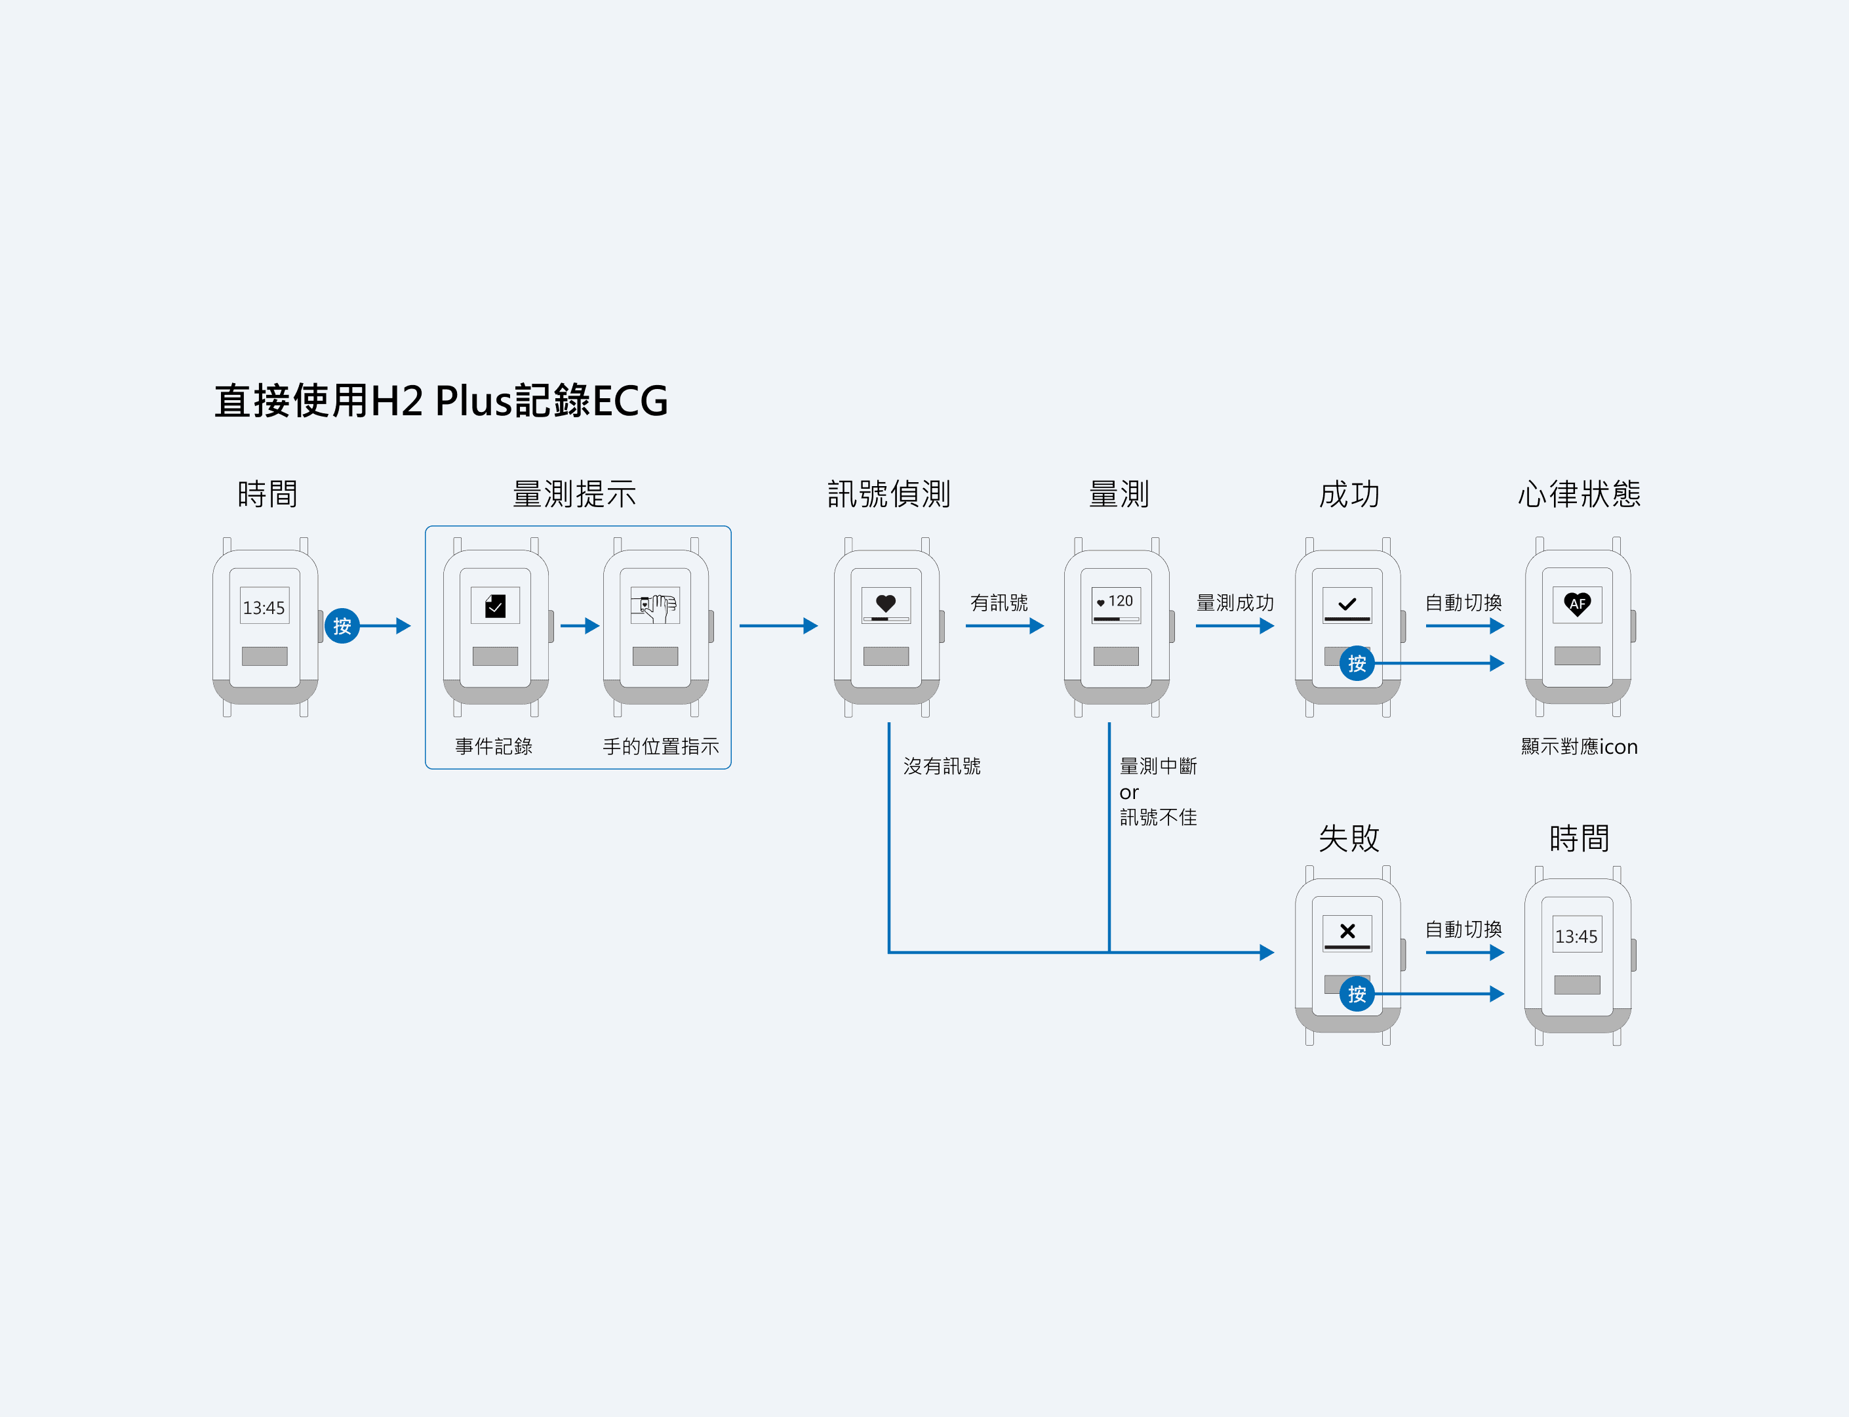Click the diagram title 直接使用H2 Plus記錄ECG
(441, 401)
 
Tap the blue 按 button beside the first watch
(342, 626)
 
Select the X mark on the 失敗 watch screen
(1347, 931)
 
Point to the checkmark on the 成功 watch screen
(1347, 604)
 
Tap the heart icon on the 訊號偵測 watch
(885, 603)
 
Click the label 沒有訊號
(942, 766)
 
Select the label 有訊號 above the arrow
(999, 603)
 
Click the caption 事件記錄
(494, 747)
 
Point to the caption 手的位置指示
(661, 747)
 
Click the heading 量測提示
(574, 494)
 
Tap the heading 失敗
(1349, 838)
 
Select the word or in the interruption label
(1129, 793)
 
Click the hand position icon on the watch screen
(655, 606)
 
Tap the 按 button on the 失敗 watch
(1357, 995)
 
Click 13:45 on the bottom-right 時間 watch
(1576, 936)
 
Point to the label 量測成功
(1235, 603)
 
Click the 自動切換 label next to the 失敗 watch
(1463, 930)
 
